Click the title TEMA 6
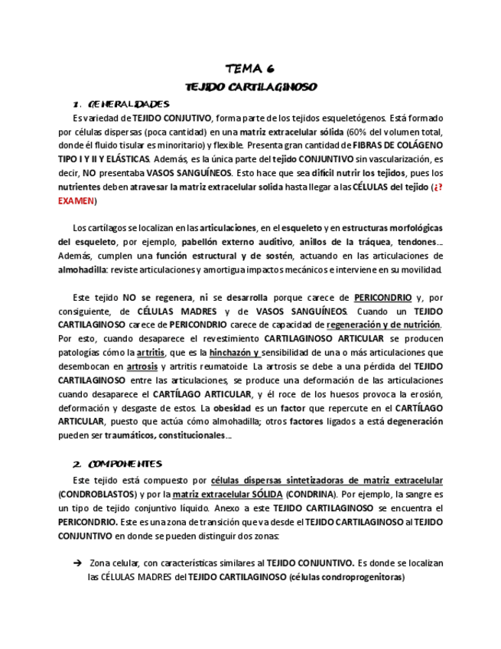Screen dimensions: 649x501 click(x=250, y=69)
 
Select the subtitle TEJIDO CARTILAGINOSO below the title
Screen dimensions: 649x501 click(x=251, y=86)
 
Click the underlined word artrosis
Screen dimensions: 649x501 click(x=142, y=366)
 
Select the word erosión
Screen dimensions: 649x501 click(x=427, y=393)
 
